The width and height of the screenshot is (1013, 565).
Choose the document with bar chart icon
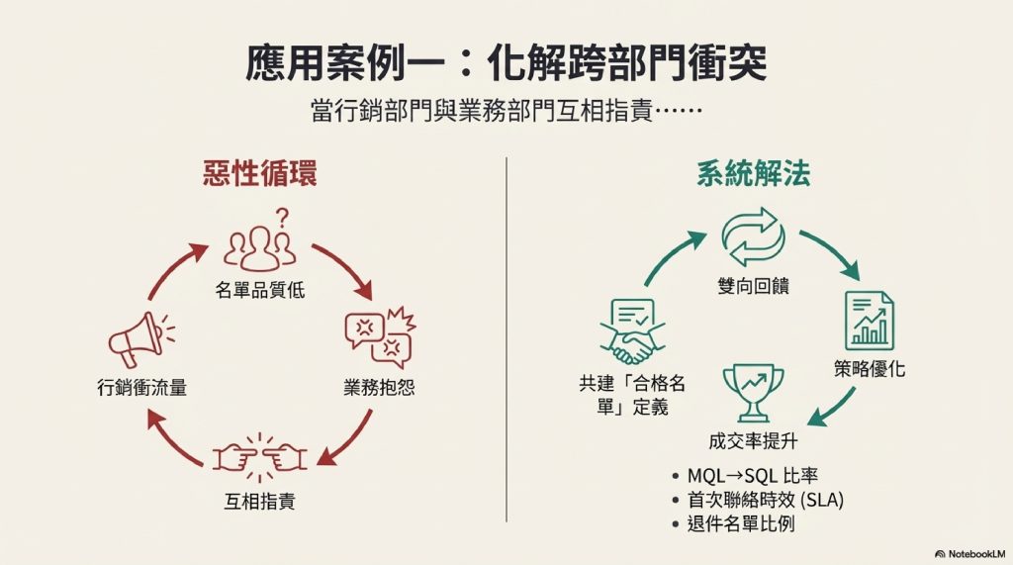(x=869, y=320)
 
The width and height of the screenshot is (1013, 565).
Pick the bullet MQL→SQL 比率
(x=750, y=476)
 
